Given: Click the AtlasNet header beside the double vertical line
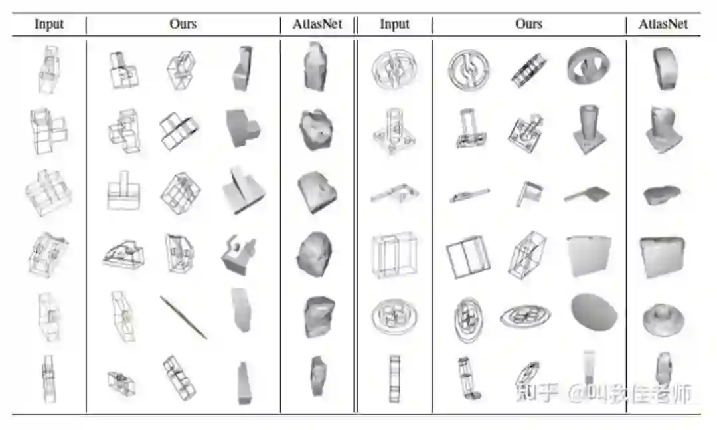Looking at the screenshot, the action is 317,25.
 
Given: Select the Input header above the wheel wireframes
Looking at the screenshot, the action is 394,25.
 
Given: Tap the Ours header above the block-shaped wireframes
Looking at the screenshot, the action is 183,25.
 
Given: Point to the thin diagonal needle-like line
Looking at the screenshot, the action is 183,318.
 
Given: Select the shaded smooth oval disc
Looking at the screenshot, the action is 593,312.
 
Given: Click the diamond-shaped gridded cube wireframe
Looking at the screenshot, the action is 179,193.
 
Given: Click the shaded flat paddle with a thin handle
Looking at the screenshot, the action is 586,194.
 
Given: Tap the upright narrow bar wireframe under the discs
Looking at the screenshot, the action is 394,377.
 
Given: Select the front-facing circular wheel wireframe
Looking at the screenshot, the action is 468,68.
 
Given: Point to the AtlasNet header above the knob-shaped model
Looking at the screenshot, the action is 663,25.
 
